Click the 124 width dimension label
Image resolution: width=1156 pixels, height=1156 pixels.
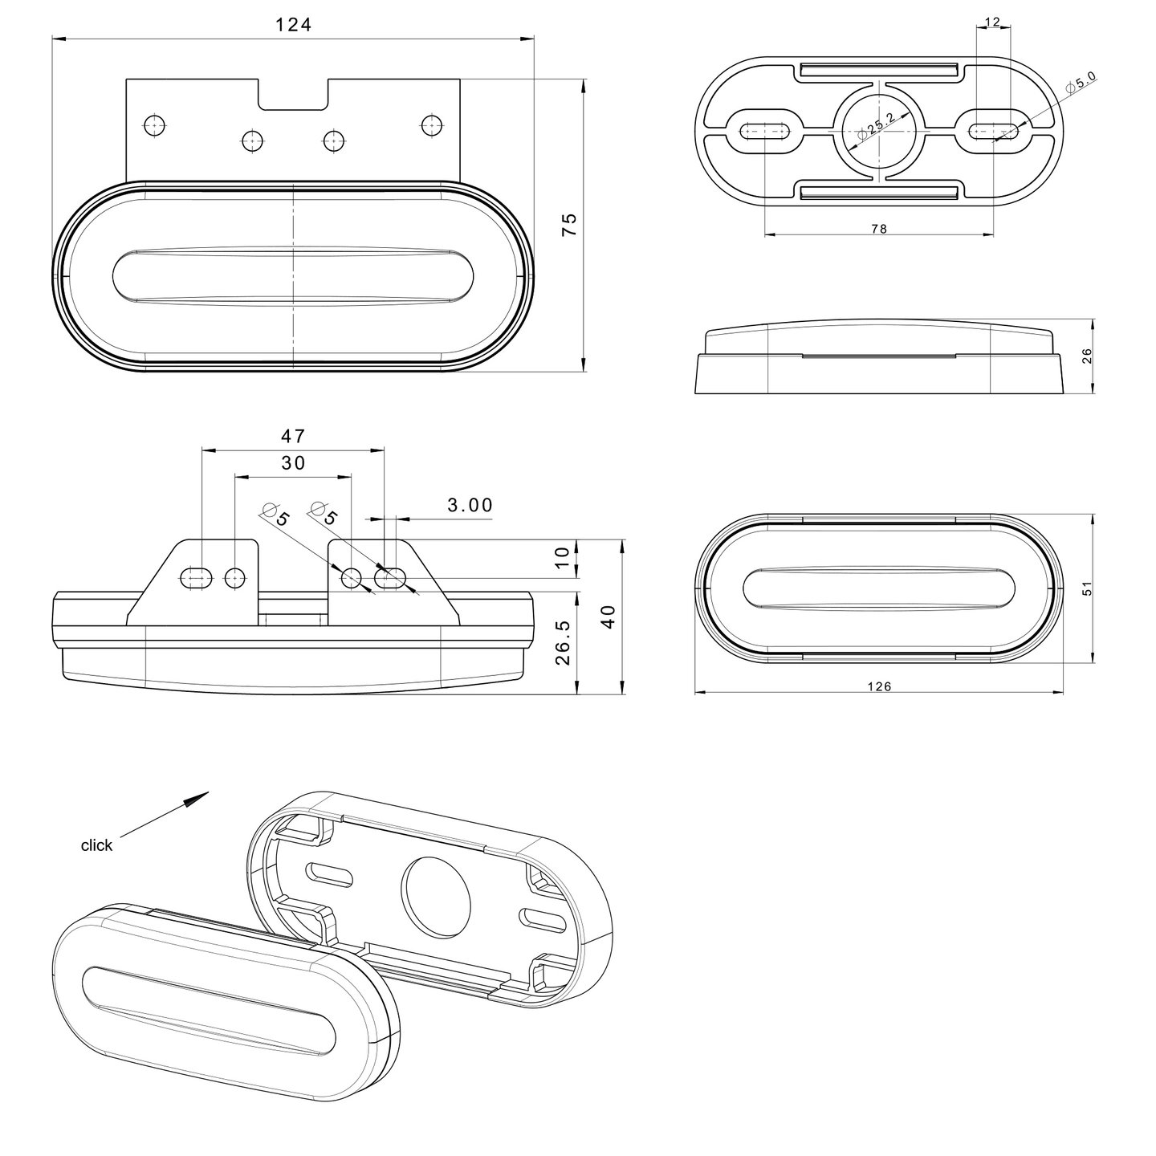[293, 25]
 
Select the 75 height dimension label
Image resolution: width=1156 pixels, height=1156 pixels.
[568, 224]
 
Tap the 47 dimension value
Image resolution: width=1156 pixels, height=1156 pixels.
[293, 436]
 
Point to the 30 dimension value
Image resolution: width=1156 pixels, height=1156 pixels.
[293, 462]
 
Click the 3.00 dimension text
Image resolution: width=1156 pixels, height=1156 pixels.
[470, 505]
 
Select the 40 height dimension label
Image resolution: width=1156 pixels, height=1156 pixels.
[609, 617]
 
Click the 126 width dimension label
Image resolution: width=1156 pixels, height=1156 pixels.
[879, 687]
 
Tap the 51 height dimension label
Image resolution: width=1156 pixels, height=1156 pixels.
[1086, 588]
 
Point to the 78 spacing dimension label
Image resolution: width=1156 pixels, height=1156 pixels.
[879, 229]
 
